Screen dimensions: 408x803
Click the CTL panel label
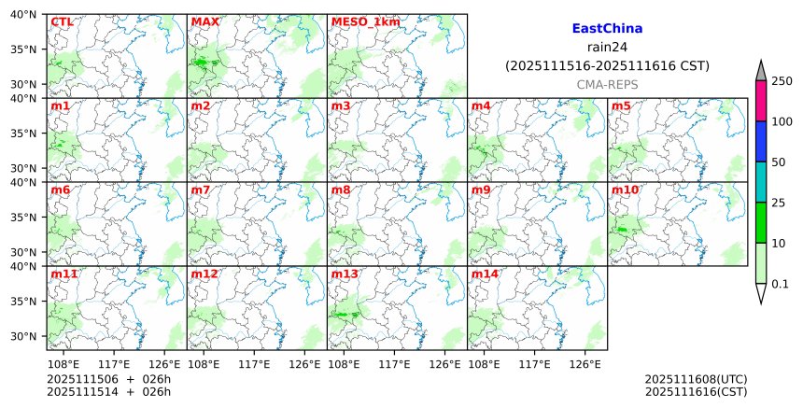pos(62,21)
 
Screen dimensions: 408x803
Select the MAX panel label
pos(204,21)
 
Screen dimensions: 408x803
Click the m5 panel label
pos(621,106)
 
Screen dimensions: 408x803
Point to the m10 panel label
pos(625,190)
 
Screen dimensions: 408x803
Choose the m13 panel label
pos(344,274)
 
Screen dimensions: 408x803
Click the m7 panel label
pos(200,190)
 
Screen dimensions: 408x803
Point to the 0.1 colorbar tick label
pos(780,284)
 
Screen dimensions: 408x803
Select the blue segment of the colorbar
pos(760,141)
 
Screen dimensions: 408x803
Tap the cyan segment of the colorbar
pos(760,182)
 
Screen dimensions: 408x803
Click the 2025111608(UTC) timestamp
pos(696,379)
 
